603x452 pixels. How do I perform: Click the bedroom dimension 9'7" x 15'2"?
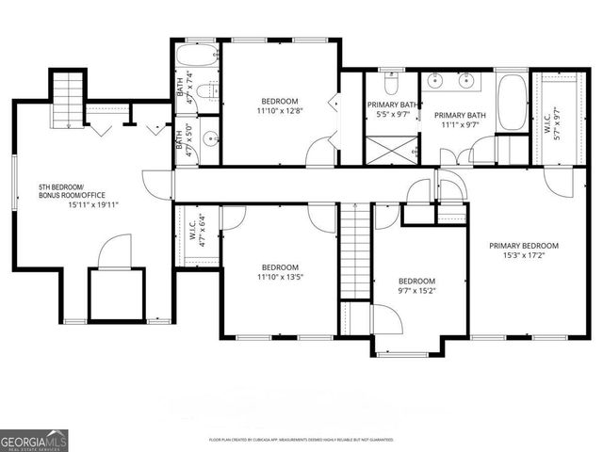click(416, 291)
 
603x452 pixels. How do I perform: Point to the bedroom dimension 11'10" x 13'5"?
click(280, 277)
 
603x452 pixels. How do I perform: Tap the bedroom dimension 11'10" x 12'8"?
click(280, 111)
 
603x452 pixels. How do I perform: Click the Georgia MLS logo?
click(34, 439)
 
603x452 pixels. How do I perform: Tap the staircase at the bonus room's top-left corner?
click(69, 94)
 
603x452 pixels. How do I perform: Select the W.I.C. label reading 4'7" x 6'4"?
click(197, 233)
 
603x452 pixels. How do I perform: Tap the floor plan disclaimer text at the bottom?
click(301, 440)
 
